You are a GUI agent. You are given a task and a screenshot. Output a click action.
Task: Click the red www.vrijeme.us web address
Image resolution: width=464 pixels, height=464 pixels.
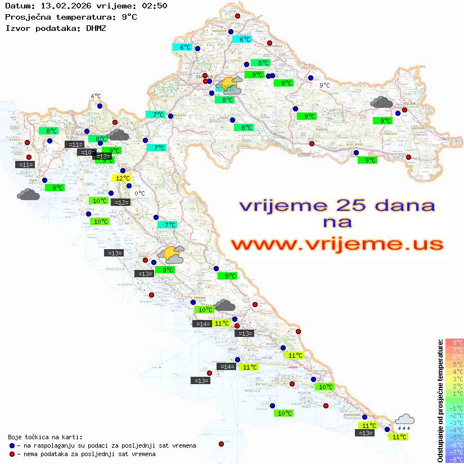tap(337, 245)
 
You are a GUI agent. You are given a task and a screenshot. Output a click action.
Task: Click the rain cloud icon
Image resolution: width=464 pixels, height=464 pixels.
tap(404, 421)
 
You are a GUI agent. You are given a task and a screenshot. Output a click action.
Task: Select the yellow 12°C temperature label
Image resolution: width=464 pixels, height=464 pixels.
tap(123, 178)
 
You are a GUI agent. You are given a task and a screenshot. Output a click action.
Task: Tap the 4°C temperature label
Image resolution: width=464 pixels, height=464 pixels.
tap(96, 96)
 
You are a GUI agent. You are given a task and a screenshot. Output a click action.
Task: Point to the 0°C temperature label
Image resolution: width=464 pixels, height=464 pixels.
tap(139, 193)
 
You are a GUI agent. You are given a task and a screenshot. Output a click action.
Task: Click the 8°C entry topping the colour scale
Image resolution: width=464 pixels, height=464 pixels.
tap(454, 342)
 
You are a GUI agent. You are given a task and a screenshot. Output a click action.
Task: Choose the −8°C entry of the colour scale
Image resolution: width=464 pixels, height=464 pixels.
tap(454, 459)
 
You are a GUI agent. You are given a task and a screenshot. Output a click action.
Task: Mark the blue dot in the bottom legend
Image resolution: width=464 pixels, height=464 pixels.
tap(12, 445)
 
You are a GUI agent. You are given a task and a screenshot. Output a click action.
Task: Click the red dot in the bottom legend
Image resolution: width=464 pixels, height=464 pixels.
tap(12, 454)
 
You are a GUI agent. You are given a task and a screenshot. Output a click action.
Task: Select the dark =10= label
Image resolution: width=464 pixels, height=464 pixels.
tap(86, 152)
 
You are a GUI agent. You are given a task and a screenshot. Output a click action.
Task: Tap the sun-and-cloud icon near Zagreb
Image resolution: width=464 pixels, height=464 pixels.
tap(229, 86)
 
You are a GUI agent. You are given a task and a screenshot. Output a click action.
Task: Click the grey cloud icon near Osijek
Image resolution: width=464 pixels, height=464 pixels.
tap(382, 102)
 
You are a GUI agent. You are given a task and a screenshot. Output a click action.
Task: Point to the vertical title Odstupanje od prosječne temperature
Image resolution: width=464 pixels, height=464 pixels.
tap(439, 400)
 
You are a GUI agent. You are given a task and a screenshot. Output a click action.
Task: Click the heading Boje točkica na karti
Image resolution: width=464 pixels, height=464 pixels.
tap(45, 437)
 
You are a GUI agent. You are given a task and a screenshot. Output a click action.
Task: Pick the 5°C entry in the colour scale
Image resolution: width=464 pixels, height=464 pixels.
tap(454, 364)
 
